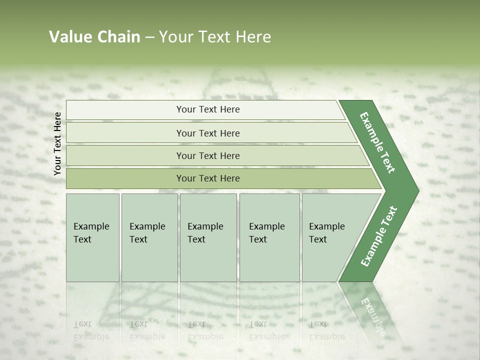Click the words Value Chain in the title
click(94, 37)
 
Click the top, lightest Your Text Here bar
click(207, 109)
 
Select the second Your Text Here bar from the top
click(207, 133)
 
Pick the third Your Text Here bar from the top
click(207, 155)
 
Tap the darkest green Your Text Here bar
click(207, 178)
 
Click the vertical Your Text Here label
click(57, 143)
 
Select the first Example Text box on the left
click(92, 237)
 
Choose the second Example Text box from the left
click(149, 237)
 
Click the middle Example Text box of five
click(207, 237)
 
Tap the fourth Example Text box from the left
click(269, 237)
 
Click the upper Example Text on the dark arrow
click(377, 142)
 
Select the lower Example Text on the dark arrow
click(378, 236)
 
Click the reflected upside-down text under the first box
click(91, 330)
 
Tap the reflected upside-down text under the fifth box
click(326, 330)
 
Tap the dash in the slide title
click(149, 37)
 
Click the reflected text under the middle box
click(205, 330)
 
